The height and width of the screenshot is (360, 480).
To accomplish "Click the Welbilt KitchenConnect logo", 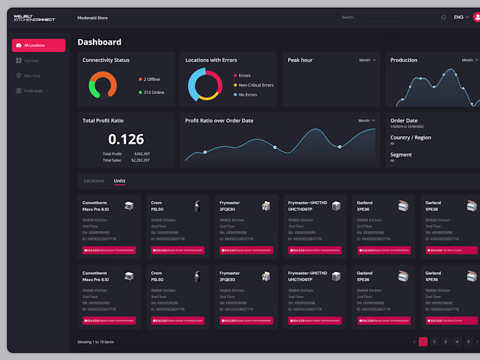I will click(x=34, y=18).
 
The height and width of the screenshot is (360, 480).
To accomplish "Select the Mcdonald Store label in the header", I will click(x=92, y=18).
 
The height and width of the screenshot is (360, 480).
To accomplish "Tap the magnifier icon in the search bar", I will click(x=443, y=17).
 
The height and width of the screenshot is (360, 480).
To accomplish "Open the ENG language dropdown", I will click(x=461, y=17).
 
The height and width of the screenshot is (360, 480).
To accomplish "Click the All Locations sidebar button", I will click(x=38, y=46).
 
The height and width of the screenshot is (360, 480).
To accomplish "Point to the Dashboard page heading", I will click(x=99, y=42).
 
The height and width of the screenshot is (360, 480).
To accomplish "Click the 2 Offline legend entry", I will click(x=151, y=79).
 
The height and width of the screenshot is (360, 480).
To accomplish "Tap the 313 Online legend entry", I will click(x=153, y=92).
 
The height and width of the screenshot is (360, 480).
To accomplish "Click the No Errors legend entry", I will click(x=247, y=95).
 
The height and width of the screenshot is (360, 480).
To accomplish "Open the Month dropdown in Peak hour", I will click(x=367, y=60).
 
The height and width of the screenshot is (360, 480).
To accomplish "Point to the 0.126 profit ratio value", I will click(x=126, y=139).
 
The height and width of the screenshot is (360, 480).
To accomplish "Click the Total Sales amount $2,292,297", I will click(x=140, y=160).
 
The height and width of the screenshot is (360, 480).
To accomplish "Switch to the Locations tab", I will click(x=94, y=181).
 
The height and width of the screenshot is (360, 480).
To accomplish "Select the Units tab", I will click(x=119, y=181).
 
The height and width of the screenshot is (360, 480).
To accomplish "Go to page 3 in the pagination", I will click(x=446, y=342).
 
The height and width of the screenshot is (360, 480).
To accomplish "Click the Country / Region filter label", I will click(x=410, y=137).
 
